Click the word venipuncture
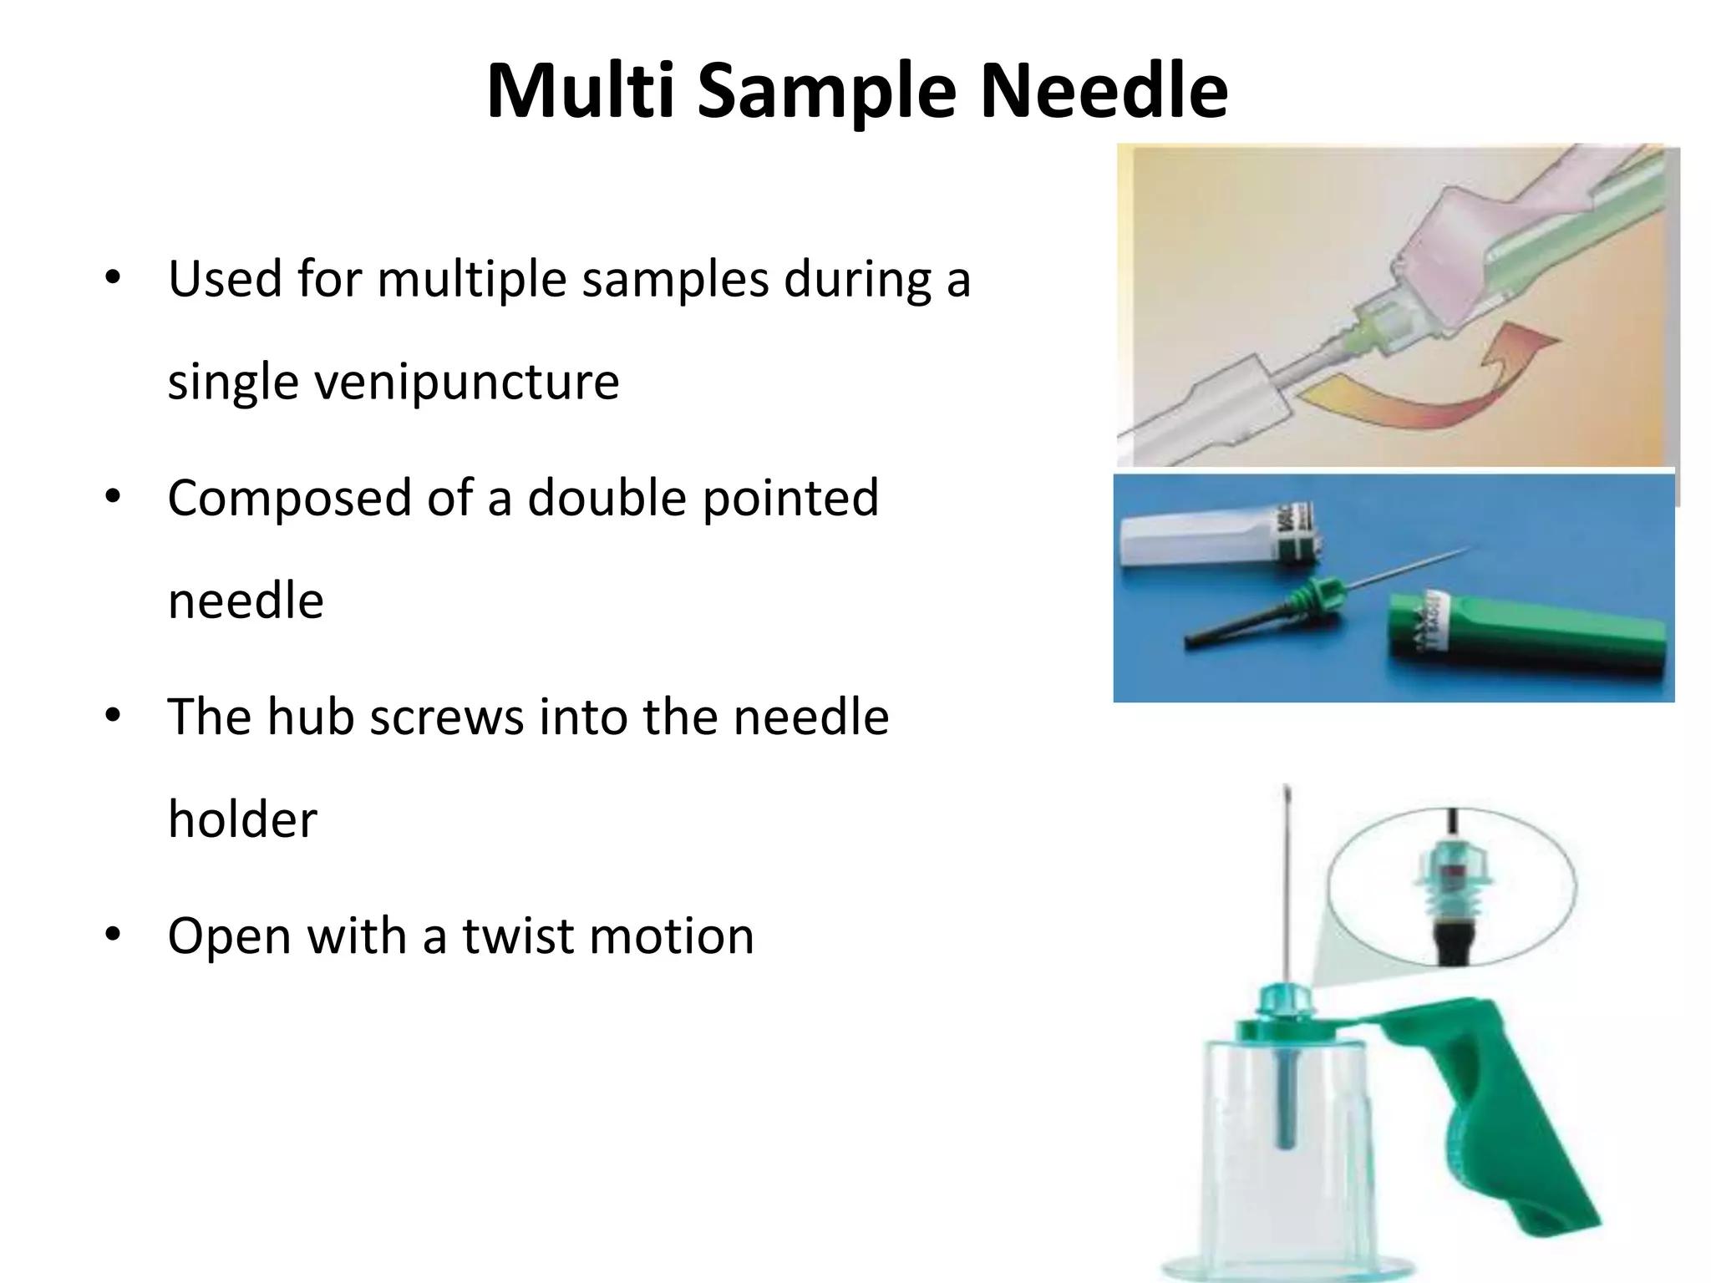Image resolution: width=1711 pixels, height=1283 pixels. click(x=393, y=383)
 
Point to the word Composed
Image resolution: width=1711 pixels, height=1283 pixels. click(x=289, y=499)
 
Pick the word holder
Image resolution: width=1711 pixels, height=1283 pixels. click(x=242, y=819)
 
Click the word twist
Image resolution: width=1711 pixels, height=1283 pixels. click(x=518, y=936)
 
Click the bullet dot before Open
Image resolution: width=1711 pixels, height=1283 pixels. click(x=114, y=934)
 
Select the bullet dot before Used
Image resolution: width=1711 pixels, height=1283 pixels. click(x=114, y=277)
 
